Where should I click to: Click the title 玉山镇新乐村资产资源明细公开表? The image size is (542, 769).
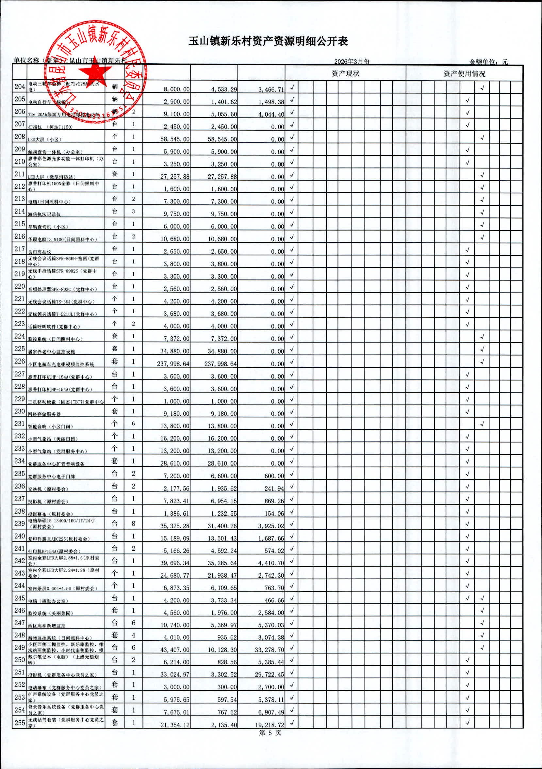click(268, 41)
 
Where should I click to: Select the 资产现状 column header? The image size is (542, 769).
click(345, 74)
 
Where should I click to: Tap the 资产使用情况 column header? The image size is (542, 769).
click(464, 74)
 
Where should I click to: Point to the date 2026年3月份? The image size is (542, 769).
click(352, 62)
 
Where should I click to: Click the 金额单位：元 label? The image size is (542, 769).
click(488, 62)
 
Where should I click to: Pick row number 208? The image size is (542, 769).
click(20, 136)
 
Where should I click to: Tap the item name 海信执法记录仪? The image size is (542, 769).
click(44, 214)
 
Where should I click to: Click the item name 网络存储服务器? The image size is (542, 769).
click(44, 414)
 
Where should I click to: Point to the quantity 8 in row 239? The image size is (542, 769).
click(133, 523)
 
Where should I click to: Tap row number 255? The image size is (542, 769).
click(20, 722)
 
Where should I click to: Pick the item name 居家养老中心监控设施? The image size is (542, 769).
click(51, 352)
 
